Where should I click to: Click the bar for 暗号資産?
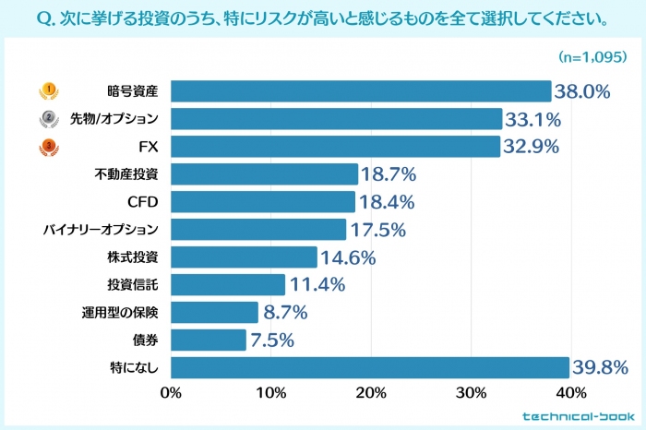[x=361, y=91]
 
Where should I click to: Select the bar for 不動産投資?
[x=264, y=174]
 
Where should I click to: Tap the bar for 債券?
[x=209, y=340]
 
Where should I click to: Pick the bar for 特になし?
[x=370, y=367]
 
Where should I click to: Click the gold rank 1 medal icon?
[x=47, y=91]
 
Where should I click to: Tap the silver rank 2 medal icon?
[x=47, y=119]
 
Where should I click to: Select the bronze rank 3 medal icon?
[x=47, y=147]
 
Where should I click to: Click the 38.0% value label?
[x=584, y=91]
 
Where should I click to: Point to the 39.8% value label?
[x=602, y=368]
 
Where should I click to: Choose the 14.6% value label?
[x=348, y=257]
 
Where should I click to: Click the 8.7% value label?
[x=284, y=313]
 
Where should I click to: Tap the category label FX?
[x=148, y=147]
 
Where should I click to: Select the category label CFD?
[x=143, y=202]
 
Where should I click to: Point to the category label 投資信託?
[x=133, y=285]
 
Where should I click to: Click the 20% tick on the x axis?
[x=371, y=393]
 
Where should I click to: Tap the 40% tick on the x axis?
[x=571, y=393]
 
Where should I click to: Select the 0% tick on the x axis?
[x=171, y=393]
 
